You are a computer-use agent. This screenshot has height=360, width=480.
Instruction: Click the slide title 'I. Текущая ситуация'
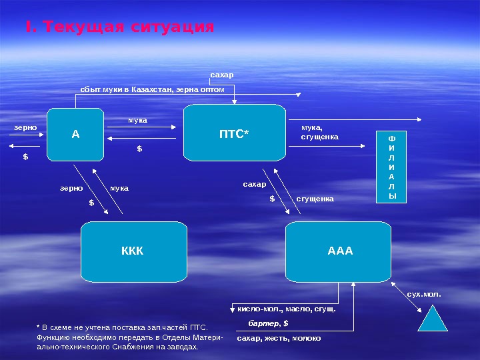(120, 27)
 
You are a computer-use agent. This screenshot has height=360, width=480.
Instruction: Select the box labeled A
(76, 134)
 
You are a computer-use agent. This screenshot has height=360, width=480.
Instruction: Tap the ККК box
(133, 251)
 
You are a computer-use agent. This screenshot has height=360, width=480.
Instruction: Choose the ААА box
(339, 251)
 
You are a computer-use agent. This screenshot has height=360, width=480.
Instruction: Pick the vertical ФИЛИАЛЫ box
(392, 167)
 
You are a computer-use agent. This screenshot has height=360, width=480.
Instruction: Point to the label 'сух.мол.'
(424, 293)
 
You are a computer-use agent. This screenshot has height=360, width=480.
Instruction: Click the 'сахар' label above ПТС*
(222, 75)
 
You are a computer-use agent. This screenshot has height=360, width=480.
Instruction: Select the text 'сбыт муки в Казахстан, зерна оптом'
(152, 88)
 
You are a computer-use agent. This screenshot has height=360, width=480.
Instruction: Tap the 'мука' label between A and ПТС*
(137, 121)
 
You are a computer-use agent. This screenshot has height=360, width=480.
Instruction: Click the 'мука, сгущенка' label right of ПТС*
(320, 132)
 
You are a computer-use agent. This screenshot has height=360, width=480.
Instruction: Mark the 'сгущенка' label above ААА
(315, 199)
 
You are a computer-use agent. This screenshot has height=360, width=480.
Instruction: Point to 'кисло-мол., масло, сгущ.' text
(287, 309)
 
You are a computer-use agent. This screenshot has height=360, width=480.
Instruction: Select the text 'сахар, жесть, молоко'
(279, 338)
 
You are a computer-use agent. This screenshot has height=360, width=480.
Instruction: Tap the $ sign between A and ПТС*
(140, 149)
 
